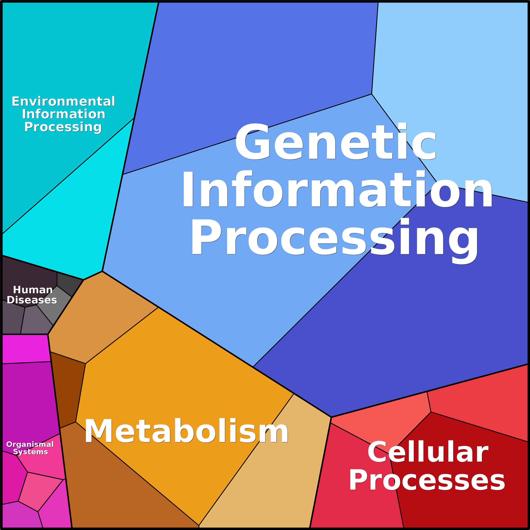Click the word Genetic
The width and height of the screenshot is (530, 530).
335,143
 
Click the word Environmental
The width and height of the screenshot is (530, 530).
63,101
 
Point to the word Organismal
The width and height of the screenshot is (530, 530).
30,444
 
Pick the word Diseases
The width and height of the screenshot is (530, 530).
32,300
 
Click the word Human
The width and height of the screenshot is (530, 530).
33,290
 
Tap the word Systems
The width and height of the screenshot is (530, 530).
30,452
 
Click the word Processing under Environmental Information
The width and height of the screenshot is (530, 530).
63,127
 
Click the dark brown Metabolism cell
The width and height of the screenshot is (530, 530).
67,389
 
